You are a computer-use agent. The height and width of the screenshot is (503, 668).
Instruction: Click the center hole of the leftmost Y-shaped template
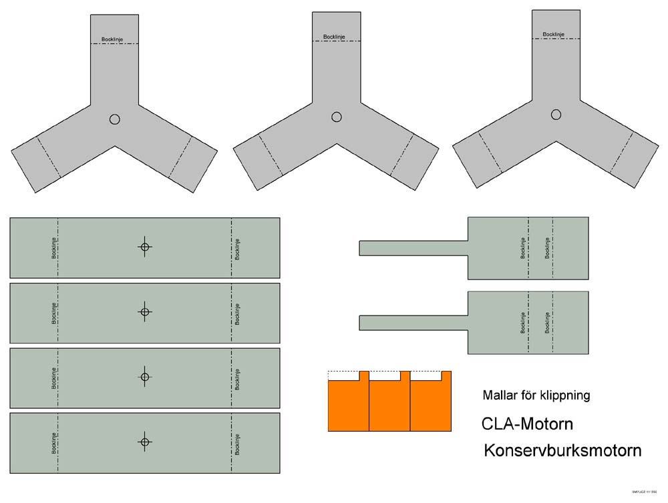[115, 119]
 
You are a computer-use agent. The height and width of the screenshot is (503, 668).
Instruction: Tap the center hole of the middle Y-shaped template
[337, 117]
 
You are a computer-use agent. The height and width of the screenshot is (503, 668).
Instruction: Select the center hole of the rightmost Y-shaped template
[556, 115]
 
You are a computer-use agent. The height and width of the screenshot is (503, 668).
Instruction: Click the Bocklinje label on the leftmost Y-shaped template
[112, 39]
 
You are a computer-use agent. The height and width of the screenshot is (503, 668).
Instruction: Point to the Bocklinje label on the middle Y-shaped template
[334, 37]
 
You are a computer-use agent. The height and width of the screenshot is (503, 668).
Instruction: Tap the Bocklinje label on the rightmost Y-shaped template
[554, 34]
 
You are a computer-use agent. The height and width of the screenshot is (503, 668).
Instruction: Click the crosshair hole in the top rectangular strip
[145, 247]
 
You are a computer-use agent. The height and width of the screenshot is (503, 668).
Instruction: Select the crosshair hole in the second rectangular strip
[145, 312]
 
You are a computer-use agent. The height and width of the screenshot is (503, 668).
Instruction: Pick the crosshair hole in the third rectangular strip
[145, 377]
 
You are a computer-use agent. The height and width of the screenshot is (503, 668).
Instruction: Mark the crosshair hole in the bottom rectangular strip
[145, 442]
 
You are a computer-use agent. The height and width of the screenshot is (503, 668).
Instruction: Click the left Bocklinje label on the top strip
[53, 247]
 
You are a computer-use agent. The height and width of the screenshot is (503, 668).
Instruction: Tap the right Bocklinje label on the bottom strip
[237, 444]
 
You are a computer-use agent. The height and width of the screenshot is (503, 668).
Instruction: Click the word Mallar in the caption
[499, 395]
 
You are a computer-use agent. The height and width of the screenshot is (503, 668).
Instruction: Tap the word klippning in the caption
[566, 396]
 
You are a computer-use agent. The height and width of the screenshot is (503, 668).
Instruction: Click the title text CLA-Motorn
[527, 424]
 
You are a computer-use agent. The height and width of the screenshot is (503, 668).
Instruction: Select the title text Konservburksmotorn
[562, 450]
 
